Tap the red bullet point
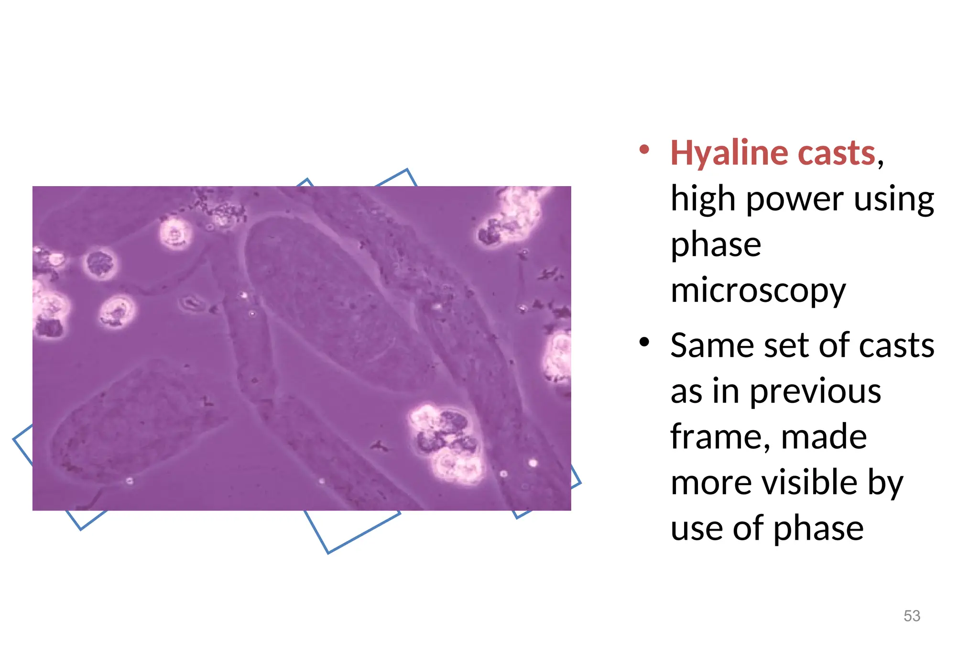click(644, 150)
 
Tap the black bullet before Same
click(644, 342)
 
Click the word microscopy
click(758, 291)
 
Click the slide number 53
click(912, 616)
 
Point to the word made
click(824, 437)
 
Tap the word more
click(712, 482)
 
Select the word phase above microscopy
click(716, 245)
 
